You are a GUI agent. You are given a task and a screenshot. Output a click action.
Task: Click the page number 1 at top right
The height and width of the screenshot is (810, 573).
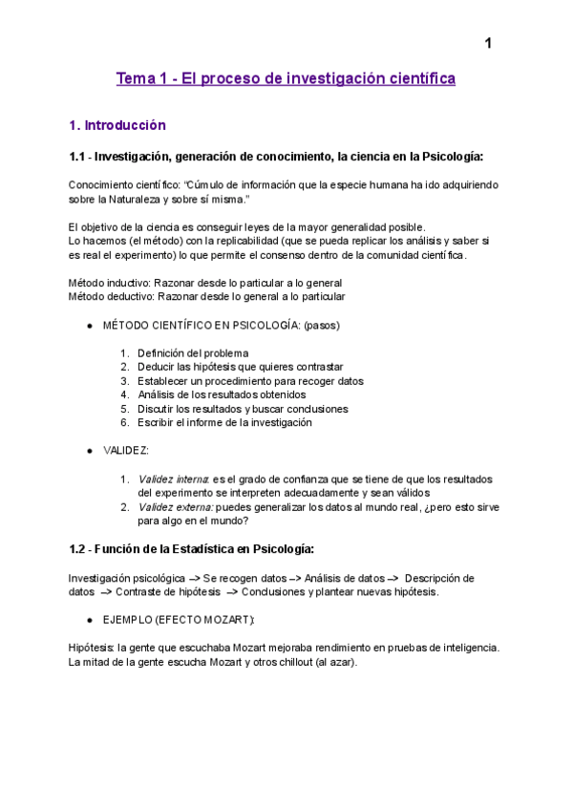click(x=488, y=44)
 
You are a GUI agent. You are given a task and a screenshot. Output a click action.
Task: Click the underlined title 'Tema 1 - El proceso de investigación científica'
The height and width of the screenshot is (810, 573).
click(x=286, y=78)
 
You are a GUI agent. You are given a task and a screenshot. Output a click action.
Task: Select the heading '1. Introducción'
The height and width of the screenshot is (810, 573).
click(x=117, y=125)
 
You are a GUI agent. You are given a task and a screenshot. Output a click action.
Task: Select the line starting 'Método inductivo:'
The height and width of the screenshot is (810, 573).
click(x=205, y=283)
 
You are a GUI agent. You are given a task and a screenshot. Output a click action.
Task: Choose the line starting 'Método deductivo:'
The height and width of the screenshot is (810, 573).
click(x=207, y=296)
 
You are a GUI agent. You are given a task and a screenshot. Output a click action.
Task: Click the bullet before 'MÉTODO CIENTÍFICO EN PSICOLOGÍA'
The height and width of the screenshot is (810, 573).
click(x=90, y=325)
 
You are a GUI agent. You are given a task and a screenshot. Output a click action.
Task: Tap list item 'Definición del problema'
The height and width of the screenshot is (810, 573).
click(x=193, y=352)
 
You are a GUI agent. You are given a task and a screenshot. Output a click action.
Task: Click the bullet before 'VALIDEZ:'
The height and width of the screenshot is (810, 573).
click(x=90, y=451)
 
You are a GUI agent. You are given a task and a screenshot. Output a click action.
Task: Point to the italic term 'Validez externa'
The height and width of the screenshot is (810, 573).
click(x=175, y=507)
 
